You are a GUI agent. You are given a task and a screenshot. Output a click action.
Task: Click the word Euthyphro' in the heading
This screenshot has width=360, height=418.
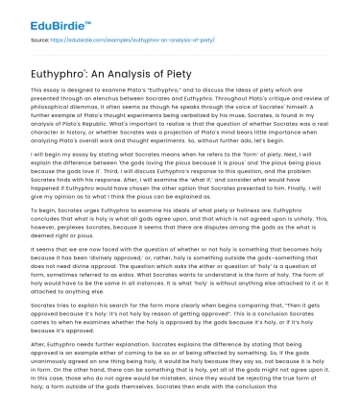(x=62, y=72)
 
